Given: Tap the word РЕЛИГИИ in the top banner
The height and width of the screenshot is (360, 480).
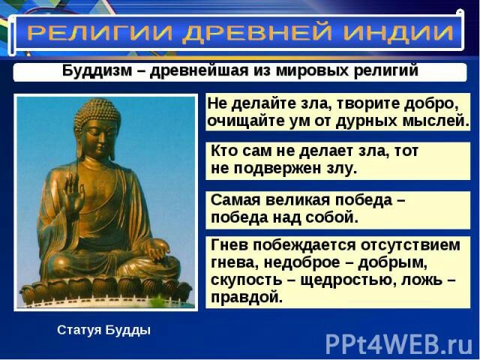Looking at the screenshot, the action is point(100,32).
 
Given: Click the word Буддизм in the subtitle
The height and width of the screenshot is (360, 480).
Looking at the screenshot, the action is point(97,71).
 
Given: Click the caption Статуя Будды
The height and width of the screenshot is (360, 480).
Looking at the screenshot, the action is point(103,330).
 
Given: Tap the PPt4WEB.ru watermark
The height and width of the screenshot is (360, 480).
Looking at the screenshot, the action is point(399,344).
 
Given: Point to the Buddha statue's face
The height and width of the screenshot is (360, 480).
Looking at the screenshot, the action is point(98,139).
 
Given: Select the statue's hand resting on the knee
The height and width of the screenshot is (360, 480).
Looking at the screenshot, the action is point(157,250).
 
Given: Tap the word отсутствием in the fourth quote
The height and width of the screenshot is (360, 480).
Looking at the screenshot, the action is point(410,245).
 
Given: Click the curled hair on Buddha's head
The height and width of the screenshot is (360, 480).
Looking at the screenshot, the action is point(97,111).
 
